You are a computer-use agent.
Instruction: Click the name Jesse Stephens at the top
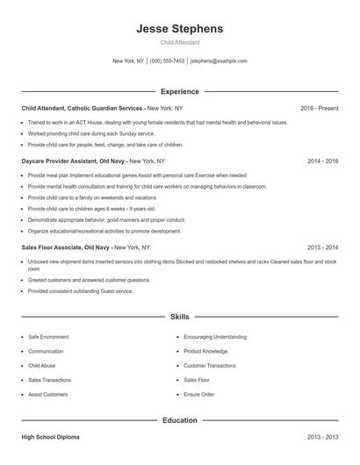click(180, 29)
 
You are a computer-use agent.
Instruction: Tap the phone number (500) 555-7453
click(167, 61)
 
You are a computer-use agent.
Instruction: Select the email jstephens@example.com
click(219, 61)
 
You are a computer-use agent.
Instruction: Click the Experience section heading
click(180, 91)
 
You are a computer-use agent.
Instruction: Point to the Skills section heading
click(180, 316)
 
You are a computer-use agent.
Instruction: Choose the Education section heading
click(180, 420)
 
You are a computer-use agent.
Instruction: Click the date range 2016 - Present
click(319, 108)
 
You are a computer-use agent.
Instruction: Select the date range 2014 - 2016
click(322, 161)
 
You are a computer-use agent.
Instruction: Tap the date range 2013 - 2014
click(322, 247)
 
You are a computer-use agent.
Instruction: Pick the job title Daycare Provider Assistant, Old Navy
click(74, 161)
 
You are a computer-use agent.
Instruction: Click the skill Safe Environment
click(48, 336)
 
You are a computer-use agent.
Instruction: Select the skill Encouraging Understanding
click(215, 336)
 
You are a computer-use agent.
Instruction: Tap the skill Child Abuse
click(41, 365)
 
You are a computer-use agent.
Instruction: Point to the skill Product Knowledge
click(205, 351)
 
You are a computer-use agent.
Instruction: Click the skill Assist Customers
click(47, 395)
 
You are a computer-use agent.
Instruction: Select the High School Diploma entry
click(50, 436)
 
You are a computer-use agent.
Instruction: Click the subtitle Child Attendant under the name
click(180, 42)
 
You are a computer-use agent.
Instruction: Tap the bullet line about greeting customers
click(89, 280)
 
